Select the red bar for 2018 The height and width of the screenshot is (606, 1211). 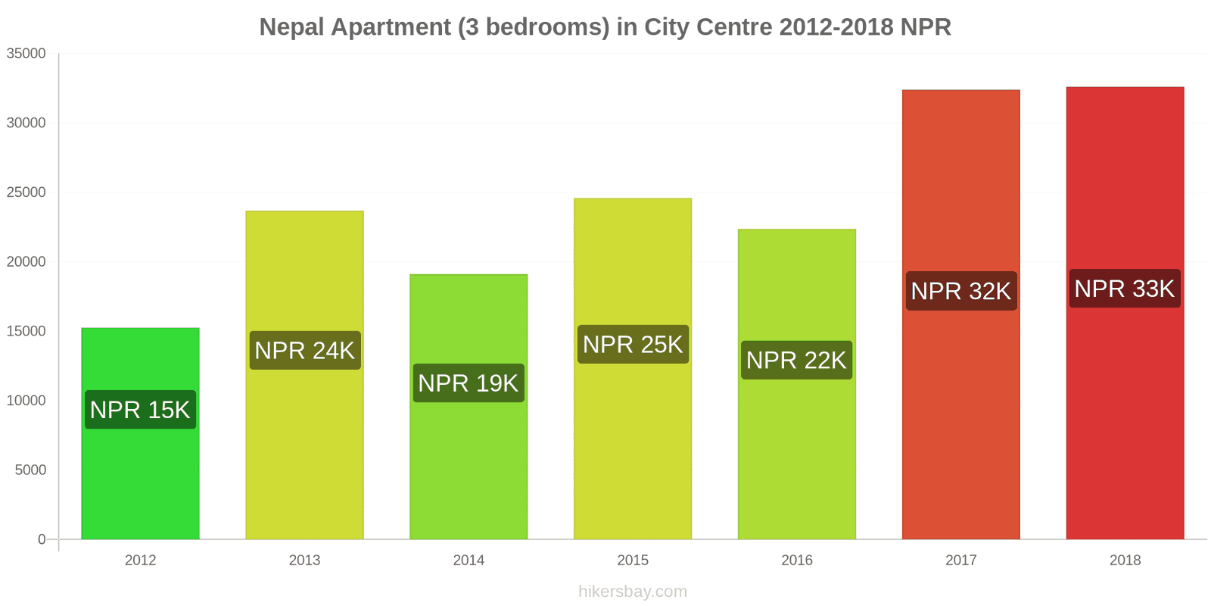point(1125,417)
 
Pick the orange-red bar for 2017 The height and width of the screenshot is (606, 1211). point(960,417)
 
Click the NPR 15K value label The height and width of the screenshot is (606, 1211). point(140,410)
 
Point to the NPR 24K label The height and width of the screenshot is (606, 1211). point(305,351)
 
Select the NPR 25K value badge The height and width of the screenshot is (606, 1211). point(633,345)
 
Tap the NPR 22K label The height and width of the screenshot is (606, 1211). point(796,360)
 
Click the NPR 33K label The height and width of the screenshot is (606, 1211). point(1125,289)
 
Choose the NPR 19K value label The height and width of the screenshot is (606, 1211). point(469,383)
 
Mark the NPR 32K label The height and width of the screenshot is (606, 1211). point(960,291)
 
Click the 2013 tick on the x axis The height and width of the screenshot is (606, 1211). point(304,561)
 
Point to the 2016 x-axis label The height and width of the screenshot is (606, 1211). point(796,561)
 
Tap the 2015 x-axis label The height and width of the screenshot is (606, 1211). point(633,561)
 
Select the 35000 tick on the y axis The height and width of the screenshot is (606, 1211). point(26,54)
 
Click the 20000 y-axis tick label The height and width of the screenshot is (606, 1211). point(26,262)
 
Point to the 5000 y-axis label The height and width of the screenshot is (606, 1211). point(30,470)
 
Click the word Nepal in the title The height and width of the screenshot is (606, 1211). point(292,27)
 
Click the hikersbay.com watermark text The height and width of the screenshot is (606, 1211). point(633,592)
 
